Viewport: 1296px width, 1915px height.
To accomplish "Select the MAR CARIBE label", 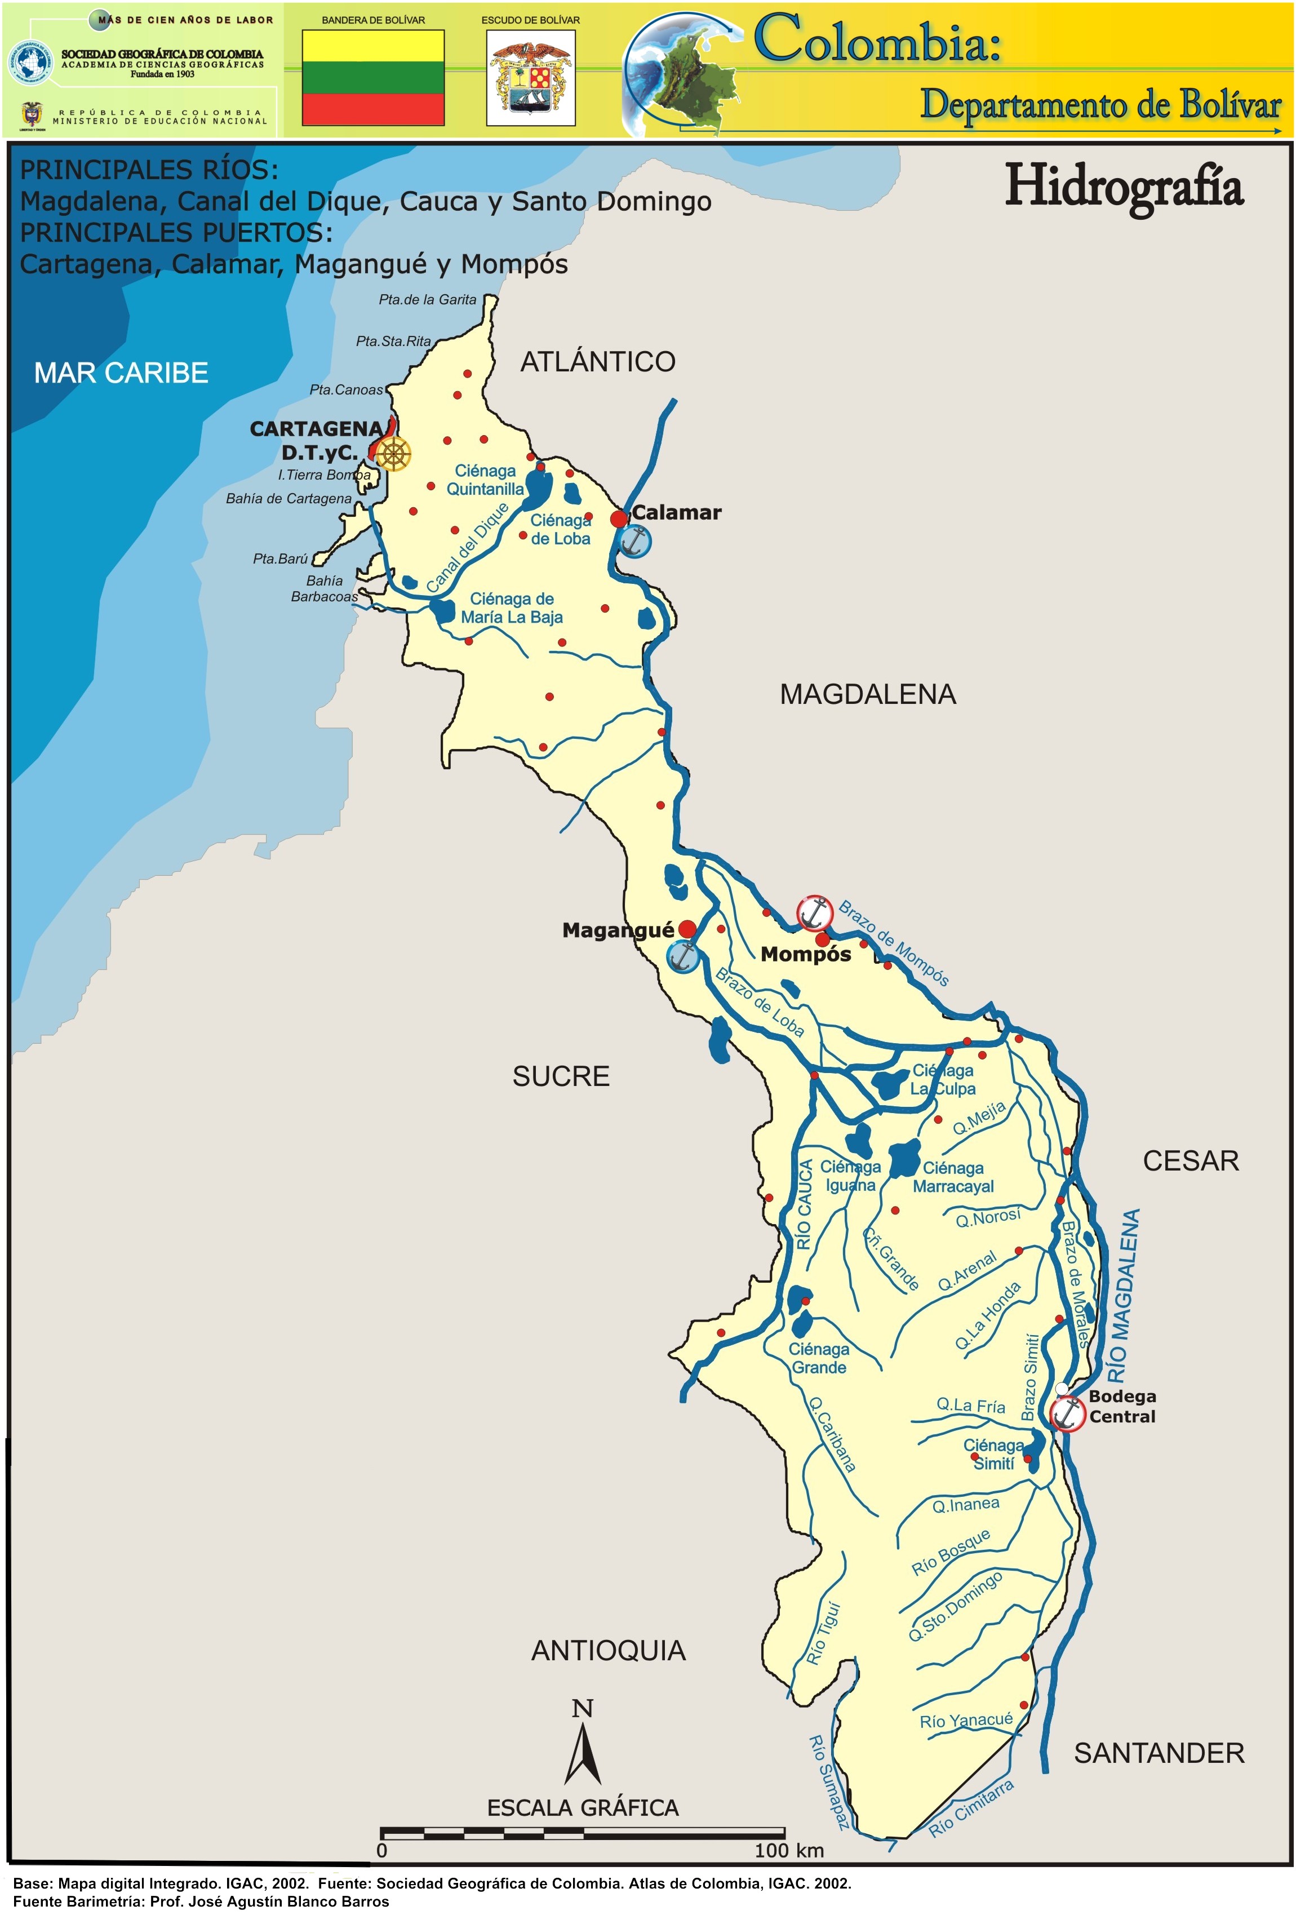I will coord(121,373).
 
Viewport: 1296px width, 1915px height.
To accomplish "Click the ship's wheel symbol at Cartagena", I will coord(394,454).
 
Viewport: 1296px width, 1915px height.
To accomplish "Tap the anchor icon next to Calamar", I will coord(634,542).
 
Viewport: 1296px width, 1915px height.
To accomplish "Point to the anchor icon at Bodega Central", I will coord(1067,1414).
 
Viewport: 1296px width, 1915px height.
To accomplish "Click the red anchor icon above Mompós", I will coord(814,912).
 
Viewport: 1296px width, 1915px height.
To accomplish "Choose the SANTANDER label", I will coord(1159,1753).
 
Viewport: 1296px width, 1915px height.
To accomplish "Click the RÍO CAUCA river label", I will coord(805,1205).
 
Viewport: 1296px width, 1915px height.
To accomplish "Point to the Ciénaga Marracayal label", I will coord(953,1177).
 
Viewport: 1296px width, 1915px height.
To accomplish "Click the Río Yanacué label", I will coord(966,1721).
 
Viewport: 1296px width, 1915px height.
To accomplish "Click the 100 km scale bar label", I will coord(788,1850).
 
